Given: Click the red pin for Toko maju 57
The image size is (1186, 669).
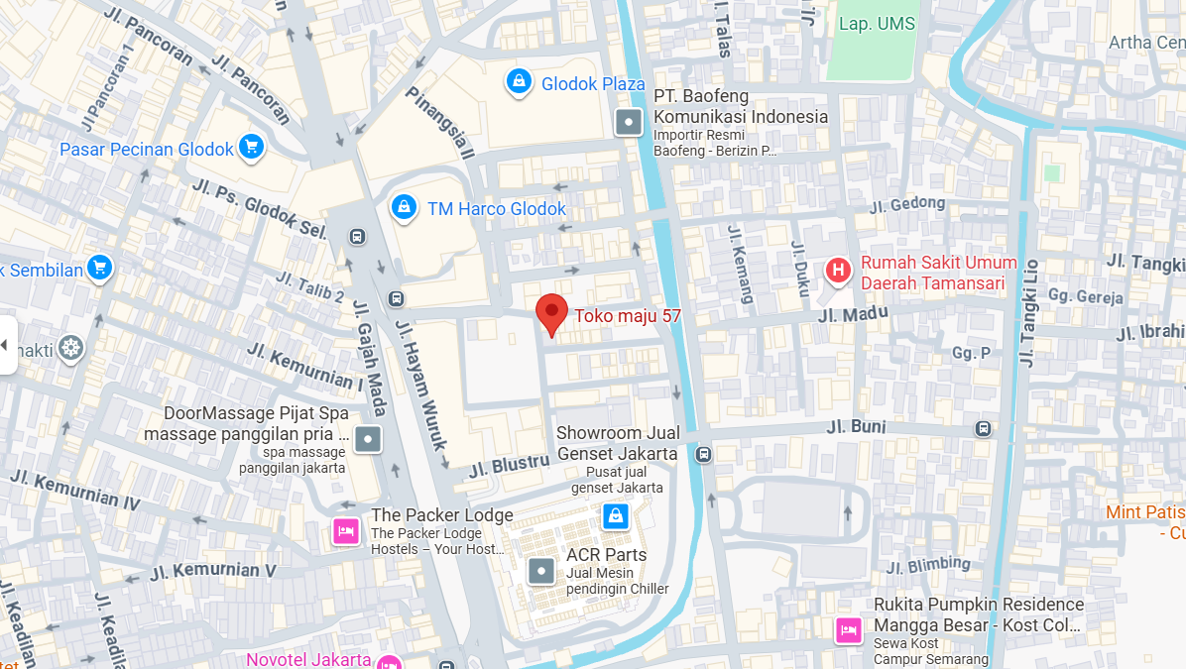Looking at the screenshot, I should (x=551, y=313).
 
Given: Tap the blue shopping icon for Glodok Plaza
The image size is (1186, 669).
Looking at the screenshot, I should (x=518, y=82).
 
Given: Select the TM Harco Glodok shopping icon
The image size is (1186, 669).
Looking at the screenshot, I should (x=403, y=207).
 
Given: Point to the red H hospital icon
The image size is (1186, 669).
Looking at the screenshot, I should (x=838, y=270).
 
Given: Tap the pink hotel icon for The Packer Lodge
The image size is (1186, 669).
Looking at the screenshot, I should (x=345, y=531).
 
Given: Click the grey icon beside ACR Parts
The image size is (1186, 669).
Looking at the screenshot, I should (x=540, y=571).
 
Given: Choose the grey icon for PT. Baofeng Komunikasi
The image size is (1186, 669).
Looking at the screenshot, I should (x=629, y=123).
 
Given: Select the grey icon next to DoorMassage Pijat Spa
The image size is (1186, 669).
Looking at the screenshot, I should (x=368, y=438).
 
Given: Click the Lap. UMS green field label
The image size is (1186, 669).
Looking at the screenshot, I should (x=877, y=24).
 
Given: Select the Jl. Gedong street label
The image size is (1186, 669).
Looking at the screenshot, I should (x=907, y=204).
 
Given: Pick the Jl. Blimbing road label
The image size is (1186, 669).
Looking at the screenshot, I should (x=928, y=565).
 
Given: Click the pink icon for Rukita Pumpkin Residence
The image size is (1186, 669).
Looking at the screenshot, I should (x=848, y=629).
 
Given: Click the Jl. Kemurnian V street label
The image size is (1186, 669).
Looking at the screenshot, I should (x=213, y=572).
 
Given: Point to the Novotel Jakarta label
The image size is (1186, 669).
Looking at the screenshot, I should (x=308, y=659).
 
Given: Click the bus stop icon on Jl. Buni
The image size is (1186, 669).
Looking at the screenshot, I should (x=983, y=428).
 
